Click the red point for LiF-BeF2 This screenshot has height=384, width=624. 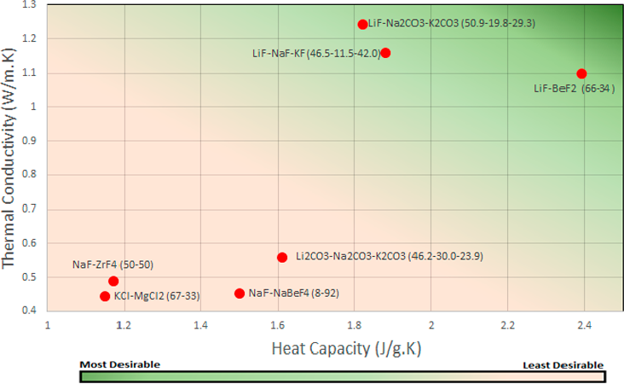click(581, 74)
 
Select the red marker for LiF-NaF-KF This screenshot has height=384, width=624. click(385, 53)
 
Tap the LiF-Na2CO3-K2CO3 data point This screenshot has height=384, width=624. click(362, 25)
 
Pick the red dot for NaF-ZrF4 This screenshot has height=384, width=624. click(113, 281)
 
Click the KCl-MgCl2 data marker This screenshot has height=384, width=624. click(105, 296)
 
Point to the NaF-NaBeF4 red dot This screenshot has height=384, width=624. click(240, 294)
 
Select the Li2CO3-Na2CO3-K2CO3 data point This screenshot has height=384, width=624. click(282, 258)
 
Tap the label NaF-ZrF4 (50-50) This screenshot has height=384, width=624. click(113, 265)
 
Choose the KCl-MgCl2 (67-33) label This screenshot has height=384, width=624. click(157, 296)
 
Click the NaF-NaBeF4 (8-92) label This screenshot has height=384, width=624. click(291, 294)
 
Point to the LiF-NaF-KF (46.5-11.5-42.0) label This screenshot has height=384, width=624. click(315, 53)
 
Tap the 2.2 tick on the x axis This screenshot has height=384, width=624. click(508, 325)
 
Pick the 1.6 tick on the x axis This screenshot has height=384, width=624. click(278, 325)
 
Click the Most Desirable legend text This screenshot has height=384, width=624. click(119, 364)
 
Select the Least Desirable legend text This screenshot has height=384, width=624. click(563, 364)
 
